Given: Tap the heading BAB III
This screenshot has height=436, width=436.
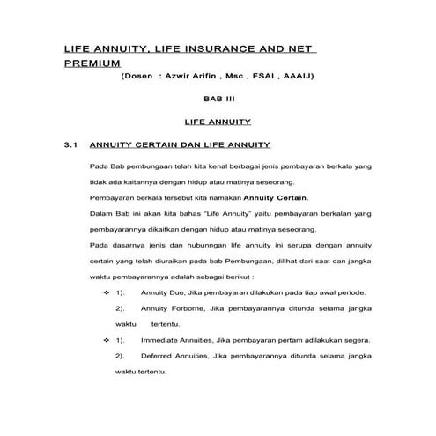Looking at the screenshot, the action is (217, 100).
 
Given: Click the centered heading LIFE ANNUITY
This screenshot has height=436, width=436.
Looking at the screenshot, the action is (217, 122).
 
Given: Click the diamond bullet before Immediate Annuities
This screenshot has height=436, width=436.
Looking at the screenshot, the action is (107, 339).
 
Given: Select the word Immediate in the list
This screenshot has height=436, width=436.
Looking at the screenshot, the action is (163, 339).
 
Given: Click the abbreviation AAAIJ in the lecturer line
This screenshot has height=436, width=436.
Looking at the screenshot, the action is (298, 77).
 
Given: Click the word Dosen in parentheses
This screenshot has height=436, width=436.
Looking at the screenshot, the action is (138, 77).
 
